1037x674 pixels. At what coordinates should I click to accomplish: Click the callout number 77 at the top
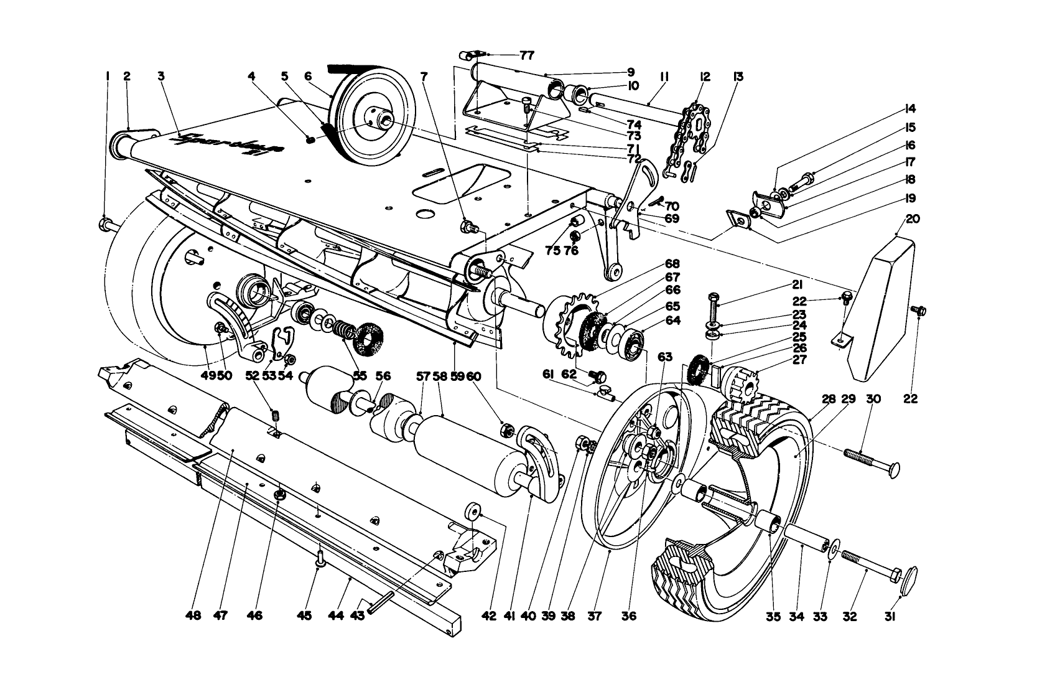point(526,55)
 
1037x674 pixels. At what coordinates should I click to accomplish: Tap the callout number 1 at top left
point(108,77)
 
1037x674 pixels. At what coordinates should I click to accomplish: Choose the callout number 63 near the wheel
point(664,357)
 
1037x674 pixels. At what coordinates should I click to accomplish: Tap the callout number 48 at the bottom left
point(193,615)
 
